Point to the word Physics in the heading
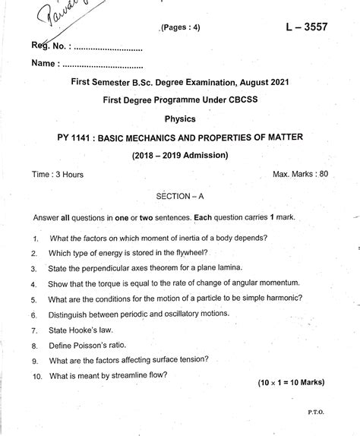click(180, 119)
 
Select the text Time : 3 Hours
click(58, 174)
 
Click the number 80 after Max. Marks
click(323, 174)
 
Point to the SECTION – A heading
click(180, 196)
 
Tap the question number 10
click(36, 376)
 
